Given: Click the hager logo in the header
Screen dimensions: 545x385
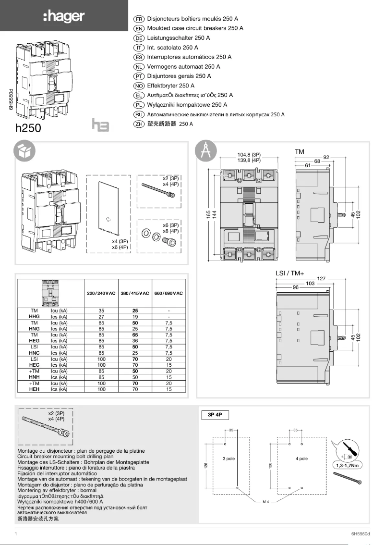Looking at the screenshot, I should click(x=63, y=17).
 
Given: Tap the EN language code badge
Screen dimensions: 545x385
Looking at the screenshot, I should click(x=139, y=28).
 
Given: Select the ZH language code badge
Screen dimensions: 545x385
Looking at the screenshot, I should click(x=139, y=124).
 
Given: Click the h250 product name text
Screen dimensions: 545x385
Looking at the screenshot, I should click(x=28, y=128).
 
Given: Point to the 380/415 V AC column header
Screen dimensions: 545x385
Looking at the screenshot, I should click(x=135, y=293).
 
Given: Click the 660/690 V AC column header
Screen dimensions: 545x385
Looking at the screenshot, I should click(x=168, y=293).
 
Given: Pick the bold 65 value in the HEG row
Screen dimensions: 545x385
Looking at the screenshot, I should click(x=135, y=334).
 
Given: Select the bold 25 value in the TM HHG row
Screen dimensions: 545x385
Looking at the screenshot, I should click(x=135, y=311).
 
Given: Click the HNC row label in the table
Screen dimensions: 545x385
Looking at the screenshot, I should click(x=34, y=352).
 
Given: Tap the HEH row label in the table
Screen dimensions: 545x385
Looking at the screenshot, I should click(x=34, y=389).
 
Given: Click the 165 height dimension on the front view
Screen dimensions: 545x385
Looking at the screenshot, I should click(x=208, y=214).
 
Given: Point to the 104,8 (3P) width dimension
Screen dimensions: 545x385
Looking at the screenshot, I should click(x=253, y=155).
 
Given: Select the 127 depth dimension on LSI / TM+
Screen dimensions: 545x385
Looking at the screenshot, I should click(x=322, y=278).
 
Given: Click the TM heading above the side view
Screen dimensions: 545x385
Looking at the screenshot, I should click(x=300, y=151).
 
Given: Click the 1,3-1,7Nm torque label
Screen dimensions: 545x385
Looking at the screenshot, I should click(x=348, y=465).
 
